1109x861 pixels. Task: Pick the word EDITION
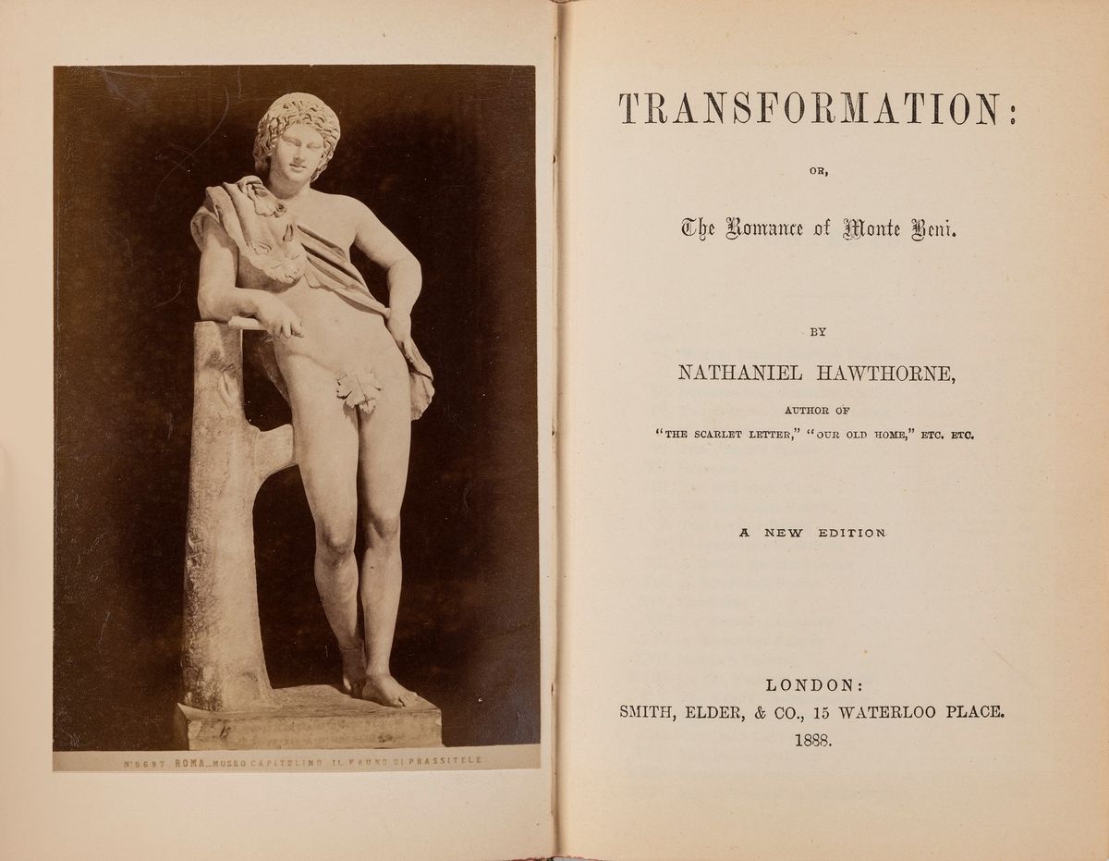click(852, 533)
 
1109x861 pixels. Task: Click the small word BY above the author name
click(817, 331)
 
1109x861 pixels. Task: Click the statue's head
click(297, 139)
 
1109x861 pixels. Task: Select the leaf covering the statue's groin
click(360, 389)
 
